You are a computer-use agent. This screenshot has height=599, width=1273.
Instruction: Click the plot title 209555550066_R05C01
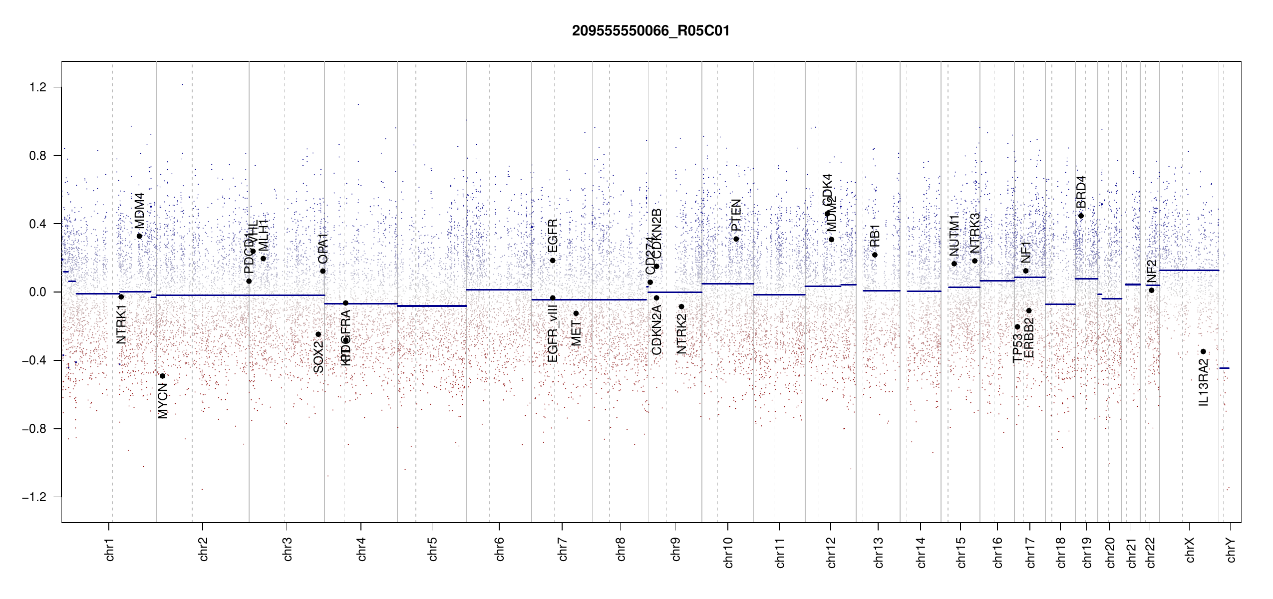[x=650, y=31]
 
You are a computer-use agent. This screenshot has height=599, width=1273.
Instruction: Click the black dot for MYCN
[x=162, y=376]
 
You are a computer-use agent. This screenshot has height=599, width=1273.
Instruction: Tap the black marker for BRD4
[x=1081, y=216]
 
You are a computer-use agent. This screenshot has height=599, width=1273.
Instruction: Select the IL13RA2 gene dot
[x=1203, y=351]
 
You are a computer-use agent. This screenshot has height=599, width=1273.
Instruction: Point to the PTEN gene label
[x=736, y=215]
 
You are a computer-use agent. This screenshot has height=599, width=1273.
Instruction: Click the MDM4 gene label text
[x=139, y=210]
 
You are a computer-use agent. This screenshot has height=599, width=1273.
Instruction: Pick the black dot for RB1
[x=875, y=255]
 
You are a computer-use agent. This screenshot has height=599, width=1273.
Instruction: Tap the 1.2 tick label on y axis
[x=38, y=87]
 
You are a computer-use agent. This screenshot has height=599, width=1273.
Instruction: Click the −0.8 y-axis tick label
[x=34, y=429]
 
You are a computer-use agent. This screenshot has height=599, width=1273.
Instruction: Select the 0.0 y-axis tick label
[x=38, y=292]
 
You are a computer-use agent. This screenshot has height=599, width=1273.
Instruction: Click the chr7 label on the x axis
[x=563, y=549]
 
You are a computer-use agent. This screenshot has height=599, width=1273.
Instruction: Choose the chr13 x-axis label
[x=878, y=552]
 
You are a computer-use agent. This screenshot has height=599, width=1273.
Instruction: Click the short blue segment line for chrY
[x=1224, y=368]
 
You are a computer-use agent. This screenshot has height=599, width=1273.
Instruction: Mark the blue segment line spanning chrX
[x=1189, y=270]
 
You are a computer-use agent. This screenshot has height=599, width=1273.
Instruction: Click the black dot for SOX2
[x=318, y=334]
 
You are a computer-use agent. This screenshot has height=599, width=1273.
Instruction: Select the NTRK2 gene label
[x=681, y=333]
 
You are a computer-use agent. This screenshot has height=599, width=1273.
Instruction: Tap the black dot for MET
[x=576, y=313]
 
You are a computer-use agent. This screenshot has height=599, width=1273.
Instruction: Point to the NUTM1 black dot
[x=954, y=264]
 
